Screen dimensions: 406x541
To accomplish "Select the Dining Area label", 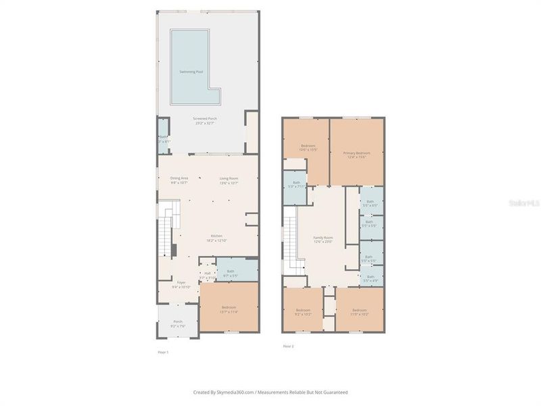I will click(x=179, y=180).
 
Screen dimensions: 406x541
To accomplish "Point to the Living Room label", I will click(x=229, y=180).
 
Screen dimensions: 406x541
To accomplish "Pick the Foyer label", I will click(x=181, y=284).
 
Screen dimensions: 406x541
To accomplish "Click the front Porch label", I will click(x=178, y=323).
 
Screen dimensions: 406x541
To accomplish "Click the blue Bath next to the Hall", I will click(x=231, y=273).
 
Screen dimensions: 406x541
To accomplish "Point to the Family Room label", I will click(x=323, y=240).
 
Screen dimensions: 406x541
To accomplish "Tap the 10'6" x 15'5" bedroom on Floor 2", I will click(x=308, y=148).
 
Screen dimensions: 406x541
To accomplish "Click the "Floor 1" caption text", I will click(x=163, y=353).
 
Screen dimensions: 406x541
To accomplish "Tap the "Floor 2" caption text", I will click(x=288, y=346).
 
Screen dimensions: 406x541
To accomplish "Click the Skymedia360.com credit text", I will click(x=270, y=392).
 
